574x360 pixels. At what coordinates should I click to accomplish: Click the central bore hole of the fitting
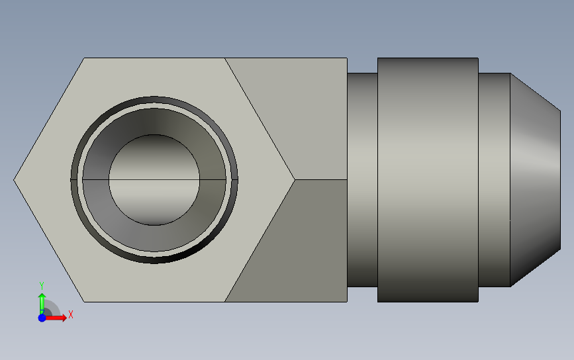pyautogui.click(x=154, y=179)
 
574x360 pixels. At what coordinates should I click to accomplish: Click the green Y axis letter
pyautogui.click(x=42, y=285)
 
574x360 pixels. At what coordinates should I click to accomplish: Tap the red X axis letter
pyautogui.click(x=71, y=314)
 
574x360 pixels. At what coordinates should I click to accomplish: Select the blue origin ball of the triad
pyautogui.click(x=42, y=318)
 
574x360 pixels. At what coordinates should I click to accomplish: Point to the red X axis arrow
pyautogui.click(x=55, y=318)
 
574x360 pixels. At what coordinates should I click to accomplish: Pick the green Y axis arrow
pyautogui.click(x=42, y=304)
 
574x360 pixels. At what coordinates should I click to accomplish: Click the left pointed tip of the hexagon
pyautogui.click(x=14, y=179)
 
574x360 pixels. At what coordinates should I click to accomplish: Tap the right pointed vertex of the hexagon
pyautogui.click(x=295, y=179)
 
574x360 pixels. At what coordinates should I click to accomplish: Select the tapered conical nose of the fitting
pyautogui.click(x=535, y=179)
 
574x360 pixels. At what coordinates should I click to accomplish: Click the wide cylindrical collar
pyautogui.click(x=428, y=179)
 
